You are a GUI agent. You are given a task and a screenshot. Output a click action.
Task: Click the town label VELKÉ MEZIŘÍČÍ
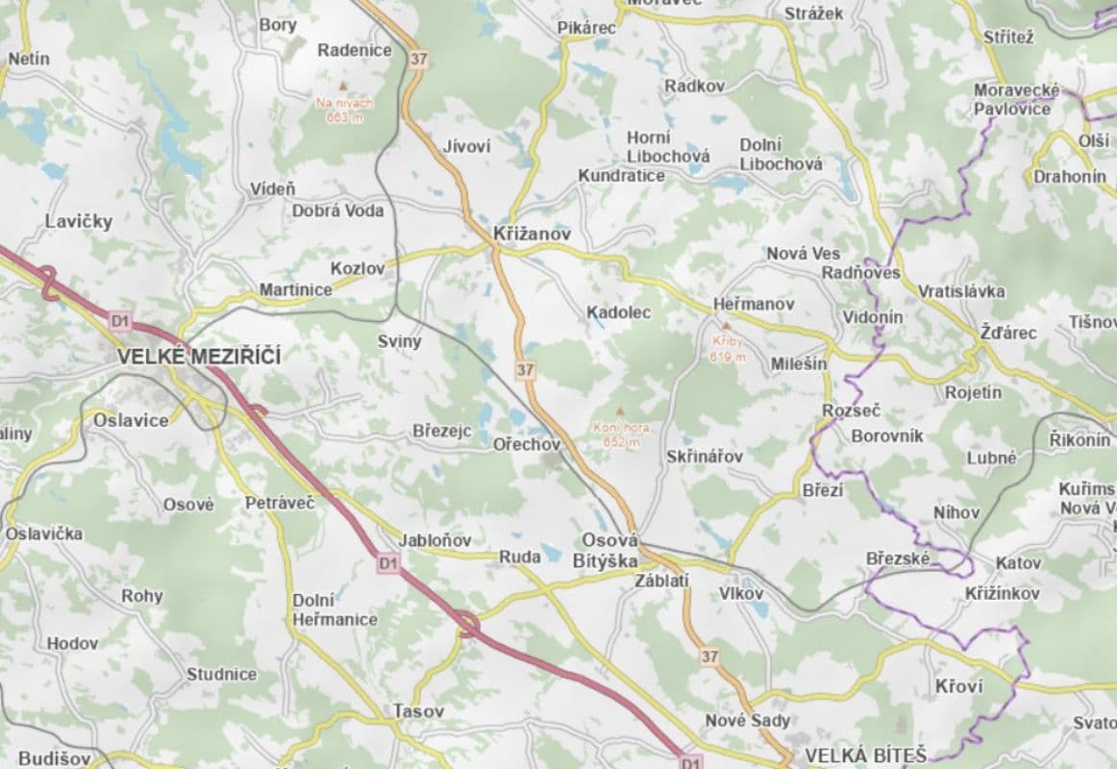pos(199,357)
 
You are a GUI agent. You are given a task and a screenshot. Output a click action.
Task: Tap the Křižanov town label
pos(532,234)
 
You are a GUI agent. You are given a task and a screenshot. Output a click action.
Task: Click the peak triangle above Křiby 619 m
pos(727,325)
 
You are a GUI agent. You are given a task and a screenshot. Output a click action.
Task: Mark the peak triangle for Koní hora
pos(620,410)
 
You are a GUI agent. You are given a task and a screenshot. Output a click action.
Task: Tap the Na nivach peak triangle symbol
pos(341,86)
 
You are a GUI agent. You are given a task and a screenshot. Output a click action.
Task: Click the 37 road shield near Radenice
pos(417,59)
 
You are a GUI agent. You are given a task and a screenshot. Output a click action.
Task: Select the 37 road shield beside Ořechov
pos(524,369)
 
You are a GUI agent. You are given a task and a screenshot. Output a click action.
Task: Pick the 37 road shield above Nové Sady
pos(709,657)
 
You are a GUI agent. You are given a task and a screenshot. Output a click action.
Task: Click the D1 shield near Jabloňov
pos(387,563)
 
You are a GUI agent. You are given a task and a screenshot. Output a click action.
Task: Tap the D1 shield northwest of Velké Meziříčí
pos(119,319)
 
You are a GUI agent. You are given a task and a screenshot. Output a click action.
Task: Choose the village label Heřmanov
pos(754,304)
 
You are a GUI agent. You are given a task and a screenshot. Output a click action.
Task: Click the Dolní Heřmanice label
pos(335,609)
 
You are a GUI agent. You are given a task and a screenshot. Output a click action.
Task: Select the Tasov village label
pos(418,711)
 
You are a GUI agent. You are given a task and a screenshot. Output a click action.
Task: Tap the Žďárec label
pos(1007,333)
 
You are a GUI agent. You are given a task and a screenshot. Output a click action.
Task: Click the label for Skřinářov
pos(705,457)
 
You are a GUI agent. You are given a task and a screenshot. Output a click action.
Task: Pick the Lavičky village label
pos(79,221)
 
